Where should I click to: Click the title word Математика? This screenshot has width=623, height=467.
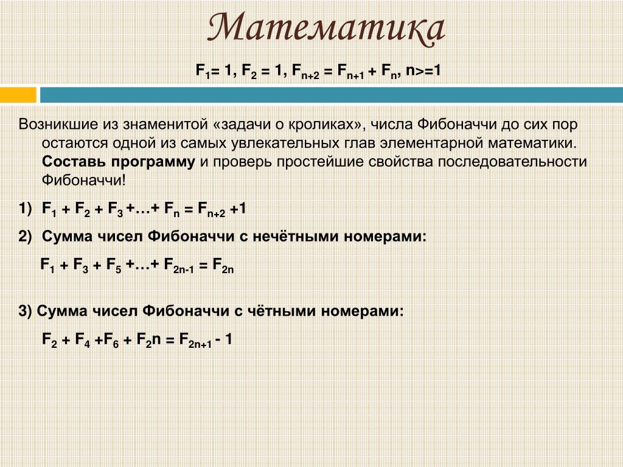326,29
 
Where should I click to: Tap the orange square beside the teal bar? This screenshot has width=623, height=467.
18,95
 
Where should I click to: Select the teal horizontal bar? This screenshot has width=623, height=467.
332,95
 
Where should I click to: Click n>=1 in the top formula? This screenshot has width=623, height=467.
423,71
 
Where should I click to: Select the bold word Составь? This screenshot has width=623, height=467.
74,162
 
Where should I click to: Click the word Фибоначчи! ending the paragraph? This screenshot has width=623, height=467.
84,181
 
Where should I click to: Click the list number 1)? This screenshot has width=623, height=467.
25,209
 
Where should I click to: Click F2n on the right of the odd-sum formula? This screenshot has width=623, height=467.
223,265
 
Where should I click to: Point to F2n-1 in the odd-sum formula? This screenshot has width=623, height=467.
179,265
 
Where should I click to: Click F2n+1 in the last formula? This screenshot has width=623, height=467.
195,341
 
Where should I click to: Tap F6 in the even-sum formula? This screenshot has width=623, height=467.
111,341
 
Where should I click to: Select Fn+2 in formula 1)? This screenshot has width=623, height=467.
211,210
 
